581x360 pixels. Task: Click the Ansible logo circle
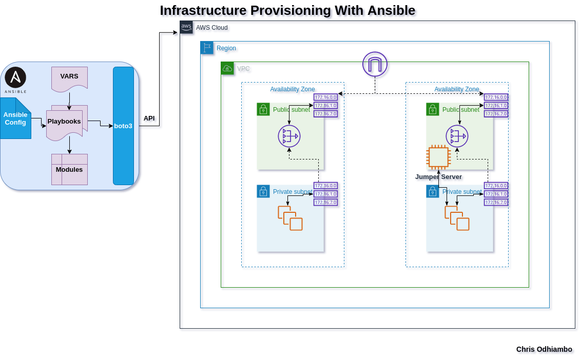coord(15,77)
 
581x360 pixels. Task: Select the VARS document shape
coord(69,78)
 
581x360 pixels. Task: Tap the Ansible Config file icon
coord(15,118)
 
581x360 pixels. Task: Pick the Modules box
coord(69,169)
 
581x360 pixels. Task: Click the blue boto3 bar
coord(123,126)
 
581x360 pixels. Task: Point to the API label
coord(149,118)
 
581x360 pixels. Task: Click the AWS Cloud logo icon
coord(186,27)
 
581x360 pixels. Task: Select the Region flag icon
coord(207,48)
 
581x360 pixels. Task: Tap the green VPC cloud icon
coord(227,68)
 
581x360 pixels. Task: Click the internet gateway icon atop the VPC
coord(375,64)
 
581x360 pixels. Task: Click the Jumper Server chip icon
coord(438,157)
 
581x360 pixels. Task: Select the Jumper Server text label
coord(438,177)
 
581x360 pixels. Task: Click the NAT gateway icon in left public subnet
coord(289,136)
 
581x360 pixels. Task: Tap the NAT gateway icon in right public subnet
coord(457,136)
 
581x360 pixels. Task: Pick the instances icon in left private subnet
coord(290,218)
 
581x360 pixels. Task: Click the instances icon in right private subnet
coord(457,218)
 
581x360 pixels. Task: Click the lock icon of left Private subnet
coord(263,191)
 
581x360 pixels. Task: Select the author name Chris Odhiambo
coord(544,349)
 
